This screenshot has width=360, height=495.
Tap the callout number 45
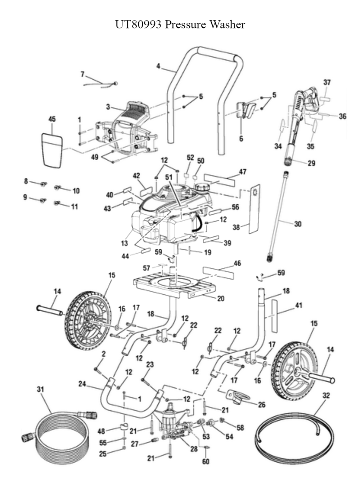tap(52, 119)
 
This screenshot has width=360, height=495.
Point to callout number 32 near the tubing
tap(326, 396)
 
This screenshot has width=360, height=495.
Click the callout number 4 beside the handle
tap(158, 66)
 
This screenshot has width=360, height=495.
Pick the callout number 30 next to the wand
tap(298, 224)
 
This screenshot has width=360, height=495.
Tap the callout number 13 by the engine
tap(124, 243)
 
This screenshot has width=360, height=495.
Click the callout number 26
tap(262, 405)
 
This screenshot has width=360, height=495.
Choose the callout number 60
tap(206, 461)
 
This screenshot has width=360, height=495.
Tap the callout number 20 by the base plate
tap(221, 298)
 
